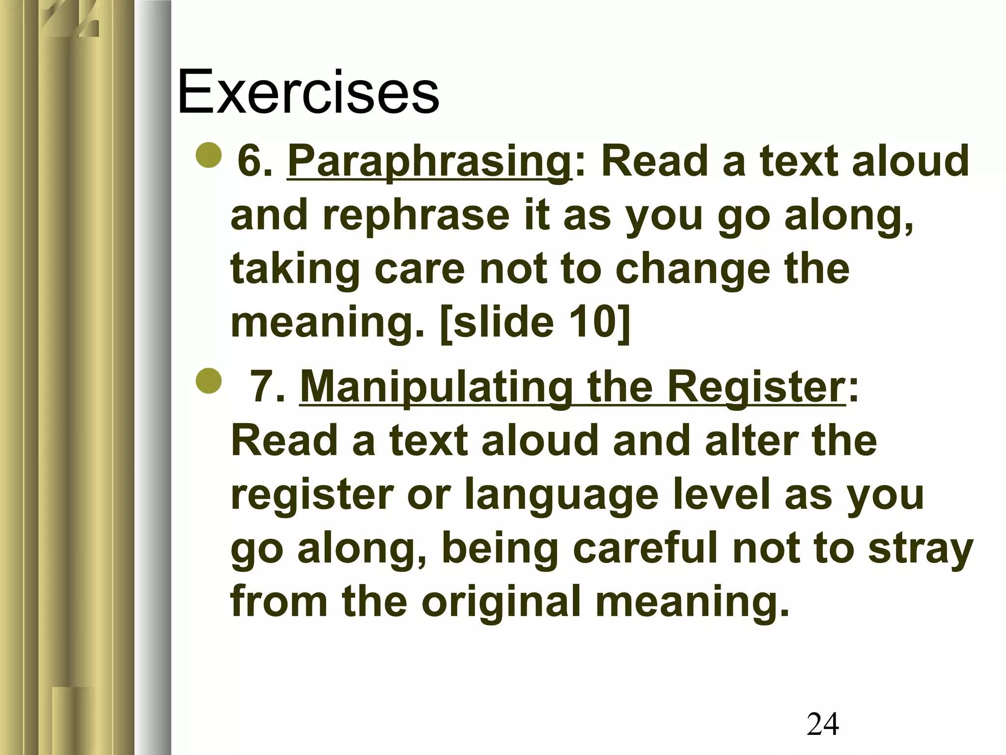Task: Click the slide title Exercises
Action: (308, 92)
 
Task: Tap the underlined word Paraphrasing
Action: (429, 162)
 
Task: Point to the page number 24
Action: (822, 724)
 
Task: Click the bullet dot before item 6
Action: (208, 155)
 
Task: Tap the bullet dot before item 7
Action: (208, 380)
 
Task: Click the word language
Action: (561, 495)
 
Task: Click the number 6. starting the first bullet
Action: (254, 162)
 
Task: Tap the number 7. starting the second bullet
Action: (268, 387)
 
